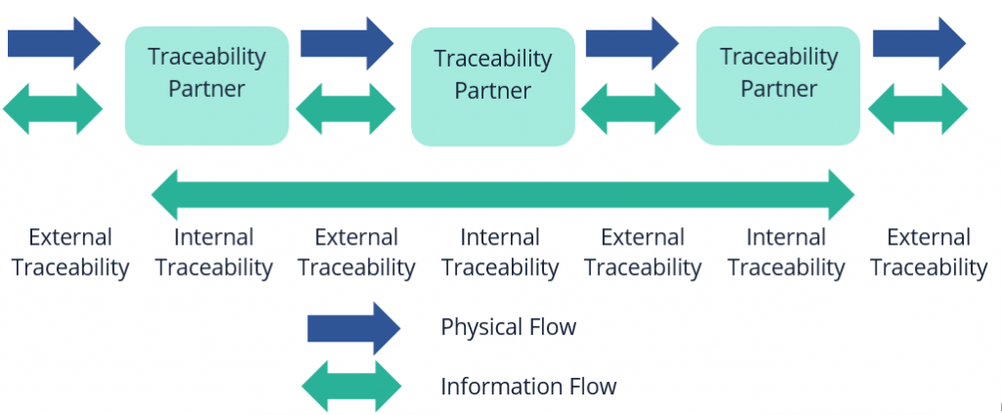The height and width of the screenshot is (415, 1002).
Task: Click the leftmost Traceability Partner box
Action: click(206, 85)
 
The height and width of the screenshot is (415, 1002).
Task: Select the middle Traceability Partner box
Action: click(492, 86)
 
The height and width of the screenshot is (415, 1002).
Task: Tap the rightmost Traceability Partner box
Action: click(778, 85)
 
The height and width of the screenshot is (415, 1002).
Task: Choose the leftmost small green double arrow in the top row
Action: click(54, 108)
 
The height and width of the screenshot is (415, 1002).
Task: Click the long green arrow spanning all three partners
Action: click(503, 194)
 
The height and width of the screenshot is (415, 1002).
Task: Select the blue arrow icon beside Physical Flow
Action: click(353, 328)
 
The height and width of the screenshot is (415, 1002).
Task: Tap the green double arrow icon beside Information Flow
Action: click(351, 386)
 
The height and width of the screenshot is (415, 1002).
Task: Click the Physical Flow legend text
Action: click(509, 327)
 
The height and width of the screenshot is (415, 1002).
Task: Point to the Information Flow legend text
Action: click(528, 386)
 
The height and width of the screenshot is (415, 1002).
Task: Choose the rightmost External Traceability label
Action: click(929, 252)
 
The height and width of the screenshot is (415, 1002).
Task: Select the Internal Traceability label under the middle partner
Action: click(500, 252)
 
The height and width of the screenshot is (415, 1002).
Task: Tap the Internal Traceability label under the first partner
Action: click(214, 252)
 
